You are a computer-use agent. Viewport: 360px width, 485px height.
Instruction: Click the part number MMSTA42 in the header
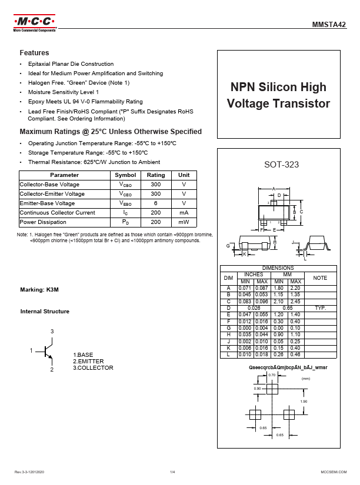[329, 25]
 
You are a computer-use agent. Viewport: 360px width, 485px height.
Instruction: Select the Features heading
[34, 53]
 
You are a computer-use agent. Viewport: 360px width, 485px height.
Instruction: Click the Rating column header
[156, 175]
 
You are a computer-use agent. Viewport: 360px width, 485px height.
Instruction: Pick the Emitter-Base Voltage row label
[47, 203]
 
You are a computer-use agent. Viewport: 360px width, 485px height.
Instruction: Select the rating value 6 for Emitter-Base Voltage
[156, 203]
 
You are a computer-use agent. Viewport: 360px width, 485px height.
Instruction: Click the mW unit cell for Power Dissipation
[184, 222]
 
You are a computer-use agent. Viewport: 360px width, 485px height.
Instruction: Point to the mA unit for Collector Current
[184, 213]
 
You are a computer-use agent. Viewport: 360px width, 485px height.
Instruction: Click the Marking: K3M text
[39, 290]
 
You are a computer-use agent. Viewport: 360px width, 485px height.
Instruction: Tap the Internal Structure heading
[45, 312]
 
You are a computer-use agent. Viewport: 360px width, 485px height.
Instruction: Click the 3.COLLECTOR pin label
[93, 368]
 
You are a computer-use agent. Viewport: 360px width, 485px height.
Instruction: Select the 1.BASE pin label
[83, 355]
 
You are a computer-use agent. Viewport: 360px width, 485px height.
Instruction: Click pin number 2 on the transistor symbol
[52, 369]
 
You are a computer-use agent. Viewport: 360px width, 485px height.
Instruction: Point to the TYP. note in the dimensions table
[320, 308]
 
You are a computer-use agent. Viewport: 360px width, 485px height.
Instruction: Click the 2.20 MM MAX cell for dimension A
[295, 288]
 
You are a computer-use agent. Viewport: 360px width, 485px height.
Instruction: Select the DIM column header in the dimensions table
[229, 277]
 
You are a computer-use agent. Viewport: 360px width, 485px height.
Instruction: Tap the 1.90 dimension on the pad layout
[304, 402]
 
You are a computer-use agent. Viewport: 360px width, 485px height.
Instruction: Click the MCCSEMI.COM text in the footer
[333, 473]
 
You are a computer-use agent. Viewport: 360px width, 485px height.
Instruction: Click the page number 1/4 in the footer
[173, 473]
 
